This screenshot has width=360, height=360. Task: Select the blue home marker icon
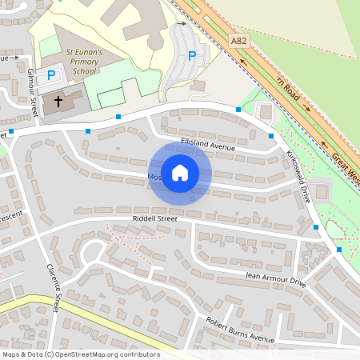tap(180, 173)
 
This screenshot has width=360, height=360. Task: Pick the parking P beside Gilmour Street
tap(50, 75)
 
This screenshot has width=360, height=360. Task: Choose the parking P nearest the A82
tap(191, 56)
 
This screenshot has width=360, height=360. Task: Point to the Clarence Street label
tap(54, 287)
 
